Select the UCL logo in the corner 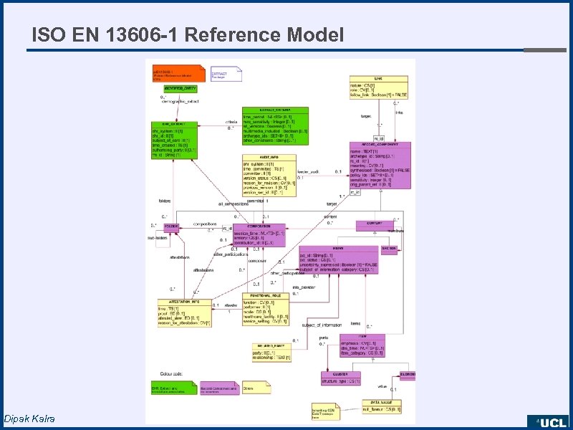(x=549, y=421)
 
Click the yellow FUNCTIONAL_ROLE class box (x=266, y=308)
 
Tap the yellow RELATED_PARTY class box (x=271, y=351)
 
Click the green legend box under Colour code (x=173, y=388)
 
